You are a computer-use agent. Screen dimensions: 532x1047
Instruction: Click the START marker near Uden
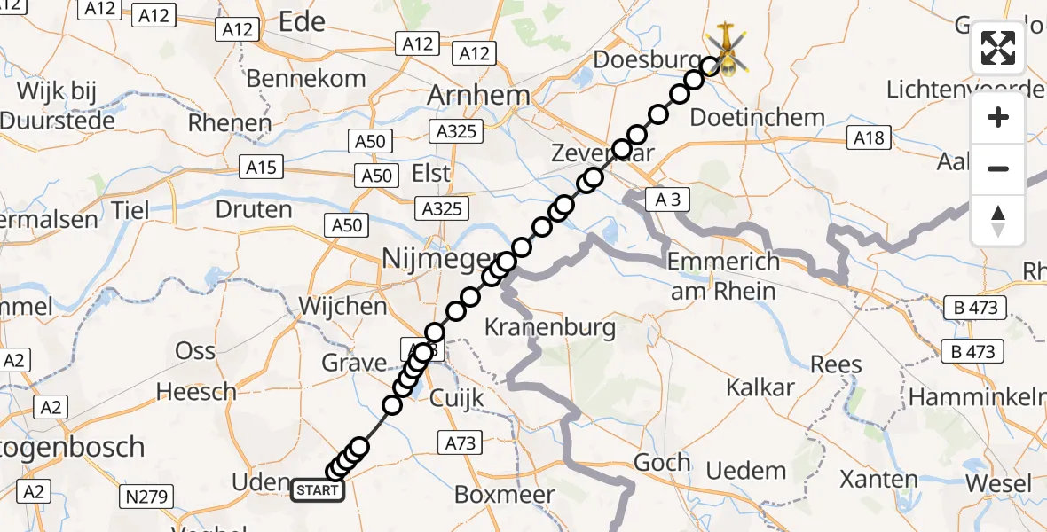click(318, 489)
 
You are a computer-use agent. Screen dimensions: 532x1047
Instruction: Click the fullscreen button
click(998, 48)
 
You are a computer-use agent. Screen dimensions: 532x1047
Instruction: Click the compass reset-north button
click(998, 221)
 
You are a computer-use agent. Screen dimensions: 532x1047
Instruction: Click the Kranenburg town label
click(550, 327)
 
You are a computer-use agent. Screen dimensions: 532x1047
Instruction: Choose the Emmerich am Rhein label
click(723, 276)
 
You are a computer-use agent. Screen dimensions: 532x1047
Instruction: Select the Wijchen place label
click(343, 307)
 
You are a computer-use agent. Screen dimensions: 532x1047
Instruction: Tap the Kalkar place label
click(760, 387)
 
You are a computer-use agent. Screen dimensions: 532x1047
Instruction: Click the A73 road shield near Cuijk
click(461, 440)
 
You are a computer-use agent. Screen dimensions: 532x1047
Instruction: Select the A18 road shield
click(869, 137)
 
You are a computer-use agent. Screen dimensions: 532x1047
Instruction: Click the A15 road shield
click(262, 167)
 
